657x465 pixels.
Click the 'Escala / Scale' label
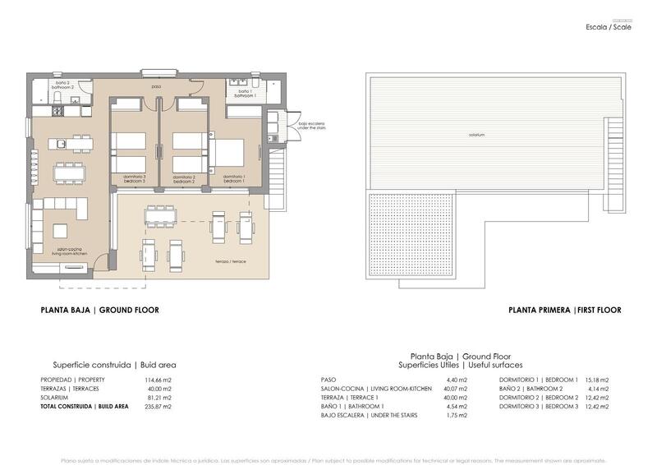point(609,27)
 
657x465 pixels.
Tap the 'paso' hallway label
point(156,86)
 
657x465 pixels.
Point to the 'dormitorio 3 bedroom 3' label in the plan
point(134,178)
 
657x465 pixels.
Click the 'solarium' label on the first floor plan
point(477,134)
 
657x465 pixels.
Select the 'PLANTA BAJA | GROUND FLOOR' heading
point(99,311)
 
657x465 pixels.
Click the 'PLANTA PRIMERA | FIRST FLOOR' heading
point(564,311)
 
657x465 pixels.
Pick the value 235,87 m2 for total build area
point(158,407)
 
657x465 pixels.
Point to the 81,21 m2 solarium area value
point(159,398)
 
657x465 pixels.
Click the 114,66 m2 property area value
point(158,380)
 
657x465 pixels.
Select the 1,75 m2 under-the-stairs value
point(457,416)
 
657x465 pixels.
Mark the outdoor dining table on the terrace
point(162,216)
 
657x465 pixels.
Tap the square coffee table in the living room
point(62,231)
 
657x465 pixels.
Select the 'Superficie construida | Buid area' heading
point(114,365)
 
